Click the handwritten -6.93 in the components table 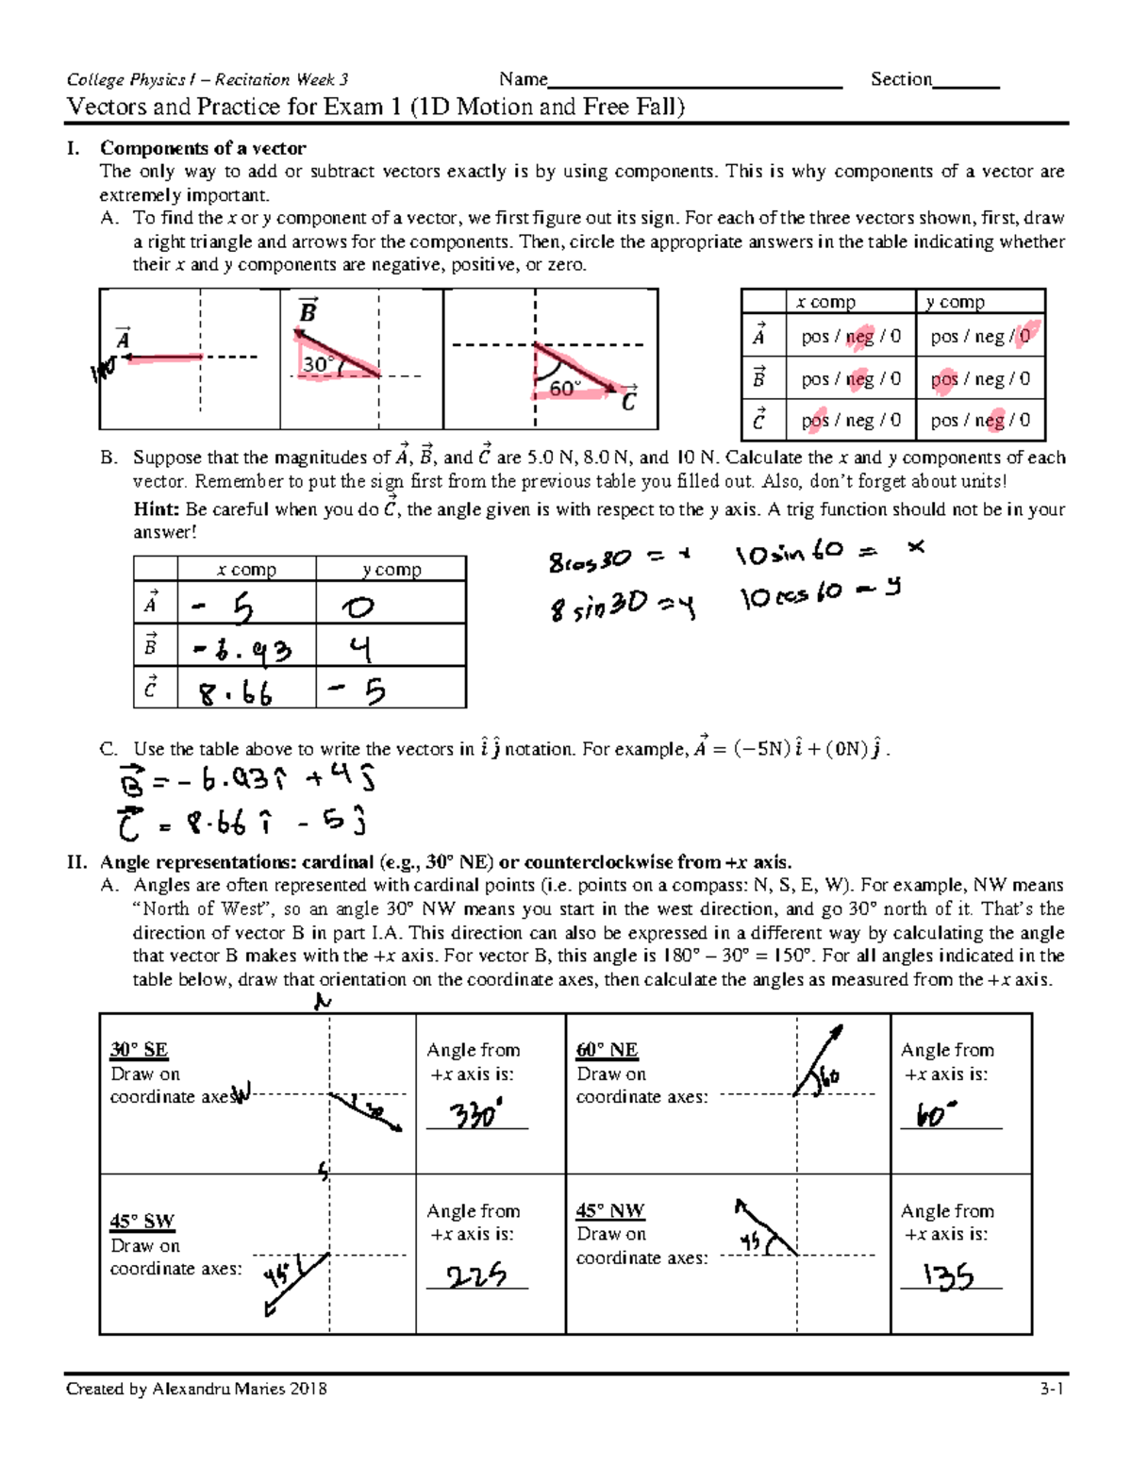pos(242,650)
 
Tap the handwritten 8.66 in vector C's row pos(235,694)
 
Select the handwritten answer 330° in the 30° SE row pos(474,1115)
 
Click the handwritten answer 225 pos(475,1275)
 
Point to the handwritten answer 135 pos(948,1276)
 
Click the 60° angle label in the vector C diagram pos(564,388)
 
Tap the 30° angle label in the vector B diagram pos(316,364)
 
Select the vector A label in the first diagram pos(123,339)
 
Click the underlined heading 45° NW pos(610,1210)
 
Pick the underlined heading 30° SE pos(139,1050)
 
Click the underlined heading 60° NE pos(607,1050)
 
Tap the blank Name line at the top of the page pos(695,81)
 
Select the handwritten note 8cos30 pos(590,560)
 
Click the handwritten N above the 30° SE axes pos(323,1002)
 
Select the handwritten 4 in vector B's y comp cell pos(359,649)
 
